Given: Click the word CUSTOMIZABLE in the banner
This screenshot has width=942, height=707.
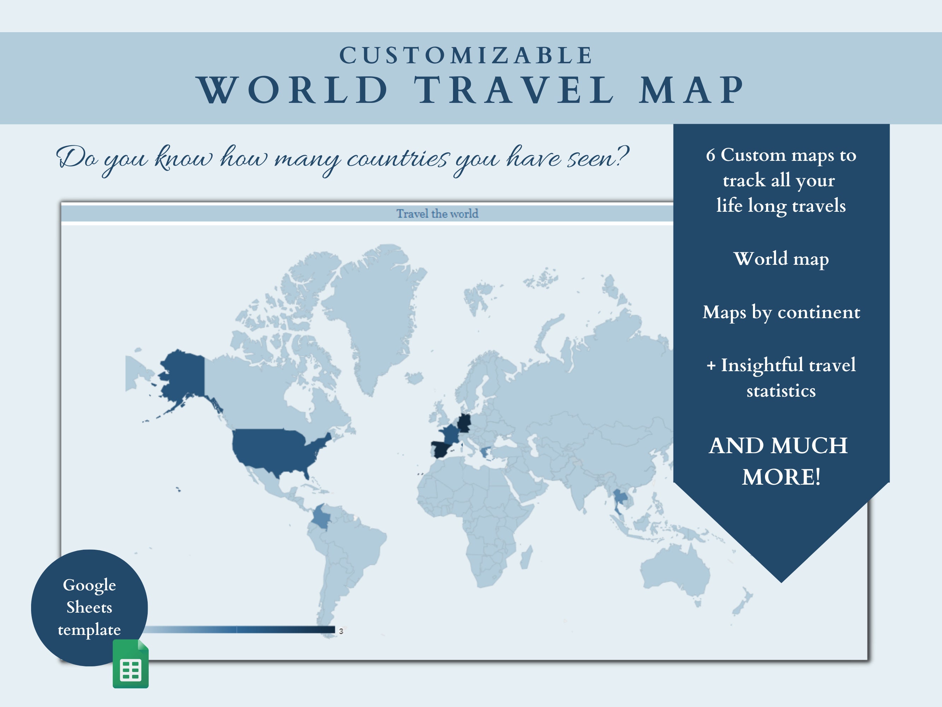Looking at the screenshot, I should [466, 55].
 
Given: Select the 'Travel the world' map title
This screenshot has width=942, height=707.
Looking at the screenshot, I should [437, 214].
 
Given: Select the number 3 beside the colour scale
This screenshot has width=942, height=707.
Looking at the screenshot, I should [341, 631].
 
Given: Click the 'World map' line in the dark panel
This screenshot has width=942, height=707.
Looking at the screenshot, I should [781, 259].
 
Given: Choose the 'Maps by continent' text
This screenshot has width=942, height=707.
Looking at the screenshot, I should [781, 312].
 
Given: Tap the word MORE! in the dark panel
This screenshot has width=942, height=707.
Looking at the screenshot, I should [781, 477].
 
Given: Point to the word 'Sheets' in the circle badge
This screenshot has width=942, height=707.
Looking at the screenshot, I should [89, 607].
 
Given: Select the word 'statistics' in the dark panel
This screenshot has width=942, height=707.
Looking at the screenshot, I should [781, 391].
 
